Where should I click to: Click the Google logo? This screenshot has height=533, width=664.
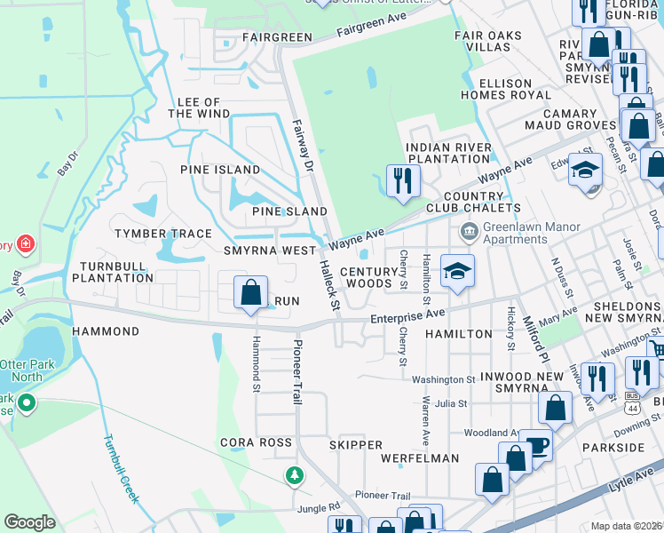click(x=29, y=522)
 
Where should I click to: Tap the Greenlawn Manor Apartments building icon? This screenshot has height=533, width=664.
click(x=468, y=234)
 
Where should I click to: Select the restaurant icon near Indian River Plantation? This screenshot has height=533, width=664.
click(x=403, y=180)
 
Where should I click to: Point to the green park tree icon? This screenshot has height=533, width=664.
click(x=294, y=476)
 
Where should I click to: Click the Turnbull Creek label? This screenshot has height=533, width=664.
click(x=120, y=469)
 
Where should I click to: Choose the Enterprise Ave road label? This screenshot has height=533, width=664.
click(x=407, y=314)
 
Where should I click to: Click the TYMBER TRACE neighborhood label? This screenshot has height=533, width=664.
click(x=162, y=234)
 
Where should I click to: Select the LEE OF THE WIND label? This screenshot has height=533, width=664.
click(x=198, y=108)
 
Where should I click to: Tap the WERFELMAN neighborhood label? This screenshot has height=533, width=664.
click(x=419, y=458)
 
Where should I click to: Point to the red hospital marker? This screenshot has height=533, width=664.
click(x=24, y=244)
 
